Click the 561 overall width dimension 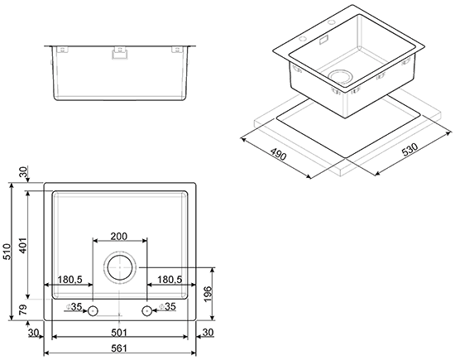119,348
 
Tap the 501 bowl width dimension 119,333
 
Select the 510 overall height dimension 7,252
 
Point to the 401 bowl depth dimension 22,245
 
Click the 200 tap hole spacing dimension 119,237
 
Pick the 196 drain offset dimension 208,294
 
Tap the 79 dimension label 22,310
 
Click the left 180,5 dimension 70,279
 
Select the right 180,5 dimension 170,279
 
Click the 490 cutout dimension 278,154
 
